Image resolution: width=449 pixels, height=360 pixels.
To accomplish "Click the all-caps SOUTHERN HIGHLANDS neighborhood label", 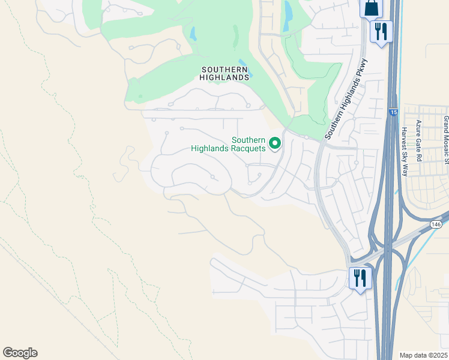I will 225,73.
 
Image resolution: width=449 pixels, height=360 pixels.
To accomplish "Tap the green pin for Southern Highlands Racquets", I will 275,143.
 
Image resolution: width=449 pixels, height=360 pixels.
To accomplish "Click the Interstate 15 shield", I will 393,112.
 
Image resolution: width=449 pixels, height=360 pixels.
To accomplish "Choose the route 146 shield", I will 436,224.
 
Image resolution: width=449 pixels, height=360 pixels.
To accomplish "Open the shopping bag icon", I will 371,8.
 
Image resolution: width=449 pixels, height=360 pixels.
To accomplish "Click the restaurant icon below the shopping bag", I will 381,31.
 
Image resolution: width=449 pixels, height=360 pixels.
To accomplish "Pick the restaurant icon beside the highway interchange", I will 360,278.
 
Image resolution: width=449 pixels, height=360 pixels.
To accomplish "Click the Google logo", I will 20,353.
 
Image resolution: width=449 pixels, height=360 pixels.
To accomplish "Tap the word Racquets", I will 247,148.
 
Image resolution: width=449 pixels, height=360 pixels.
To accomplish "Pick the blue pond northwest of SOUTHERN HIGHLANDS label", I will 193,34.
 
